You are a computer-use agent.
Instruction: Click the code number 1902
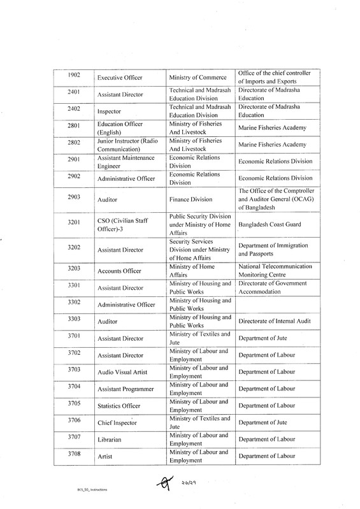click(x=73, y=75)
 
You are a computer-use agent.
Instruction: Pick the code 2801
click(x=73, y=126)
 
